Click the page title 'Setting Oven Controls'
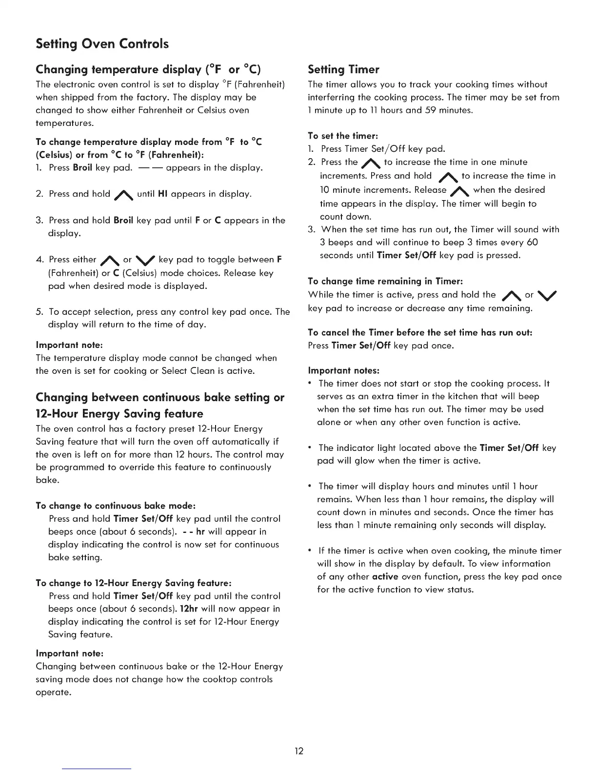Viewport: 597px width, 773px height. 102,44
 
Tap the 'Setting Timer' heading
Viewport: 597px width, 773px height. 343,69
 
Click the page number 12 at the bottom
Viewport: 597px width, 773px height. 299,751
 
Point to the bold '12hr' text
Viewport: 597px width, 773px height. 189,609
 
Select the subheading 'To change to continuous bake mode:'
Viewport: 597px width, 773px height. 116,506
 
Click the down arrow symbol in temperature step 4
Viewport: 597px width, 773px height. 145,260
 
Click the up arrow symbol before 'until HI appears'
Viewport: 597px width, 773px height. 123,195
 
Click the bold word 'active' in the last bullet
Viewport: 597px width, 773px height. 385,576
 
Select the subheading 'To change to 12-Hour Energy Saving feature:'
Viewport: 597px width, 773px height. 133,583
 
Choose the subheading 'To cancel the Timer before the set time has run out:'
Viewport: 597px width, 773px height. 420,332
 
